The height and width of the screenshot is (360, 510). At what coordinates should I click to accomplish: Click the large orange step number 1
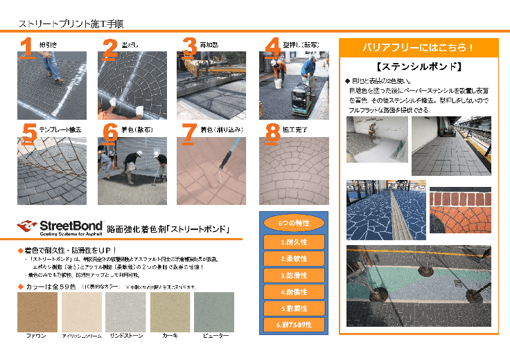pyautogui.click(x=26, y=47)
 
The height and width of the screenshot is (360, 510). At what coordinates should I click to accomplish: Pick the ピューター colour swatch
pyautogui.click(x=214, y=312)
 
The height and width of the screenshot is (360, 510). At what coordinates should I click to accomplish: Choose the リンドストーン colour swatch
pyautogui.click(x=126, y=312)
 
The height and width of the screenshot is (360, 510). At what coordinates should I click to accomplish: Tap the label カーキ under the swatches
pyautogui.click(x=170, y=336)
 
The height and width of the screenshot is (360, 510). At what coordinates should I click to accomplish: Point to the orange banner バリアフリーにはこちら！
pyautogui.click(x=418, y=48)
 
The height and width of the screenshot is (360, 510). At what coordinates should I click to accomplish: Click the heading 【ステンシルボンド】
pyautogui.click(x=418, y=67)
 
